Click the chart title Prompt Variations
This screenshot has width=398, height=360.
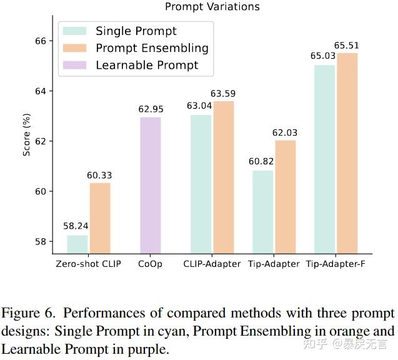[x=212, y=7]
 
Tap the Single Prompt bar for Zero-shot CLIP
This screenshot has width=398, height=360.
[x=77, y=244]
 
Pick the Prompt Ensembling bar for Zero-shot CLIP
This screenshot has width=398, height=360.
[x=100, y=218]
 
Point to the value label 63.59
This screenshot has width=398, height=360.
[x=224, y=94]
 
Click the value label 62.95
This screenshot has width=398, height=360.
[x=150, y=109]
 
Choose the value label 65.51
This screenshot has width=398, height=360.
[x=347, y=46]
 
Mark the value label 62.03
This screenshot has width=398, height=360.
[x=285, y=132]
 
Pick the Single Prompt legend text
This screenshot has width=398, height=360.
[x=136, y=31]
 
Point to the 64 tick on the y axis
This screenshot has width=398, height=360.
[x=41, y=91]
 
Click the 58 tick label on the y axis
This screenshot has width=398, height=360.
[x=41, y=242]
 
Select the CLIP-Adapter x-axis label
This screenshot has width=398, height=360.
[x=212, y=264]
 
